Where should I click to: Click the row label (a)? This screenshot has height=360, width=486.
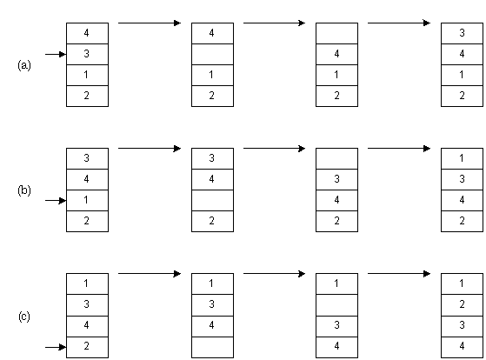pos(24,65)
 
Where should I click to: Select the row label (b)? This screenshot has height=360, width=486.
pos(24,190)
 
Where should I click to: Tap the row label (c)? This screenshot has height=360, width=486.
pos(24,317)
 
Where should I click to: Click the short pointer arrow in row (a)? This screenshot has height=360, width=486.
pos(56,54)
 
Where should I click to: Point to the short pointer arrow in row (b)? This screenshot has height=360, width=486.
pos(56,201)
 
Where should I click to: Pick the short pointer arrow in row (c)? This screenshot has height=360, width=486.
pos(56,347)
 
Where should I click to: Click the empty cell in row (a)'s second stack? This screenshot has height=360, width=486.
pos(212,54)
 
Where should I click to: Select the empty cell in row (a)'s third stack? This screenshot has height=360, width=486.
pos(337,33)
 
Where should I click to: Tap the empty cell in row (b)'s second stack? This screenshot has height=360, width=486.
pos(212,200)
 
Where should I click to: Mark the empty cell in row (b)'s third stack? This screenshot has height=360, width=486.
pos(337,158)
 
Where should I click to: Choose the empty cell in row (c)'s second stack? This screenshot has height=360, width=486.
pos(212,347)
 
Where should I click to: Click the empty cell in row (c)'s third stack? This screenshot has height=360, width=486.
pos(337,305)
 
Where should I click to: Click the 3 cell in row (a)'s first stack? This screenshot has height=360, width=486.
pos(87,54)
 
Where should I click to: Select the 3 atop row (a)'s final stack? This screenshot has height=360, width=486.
pos(462,33)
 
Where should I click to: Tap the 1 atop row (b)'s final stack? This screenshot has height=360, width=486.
pos(462,158)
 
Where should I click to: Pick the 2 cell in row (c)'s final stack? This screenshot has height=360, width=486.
pos(462,305)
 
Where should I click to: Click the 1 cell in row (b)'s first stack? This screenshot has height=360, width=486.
pos(87,200)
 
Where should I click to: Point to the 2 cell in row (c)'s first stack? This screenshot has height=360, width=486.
pos(87,347)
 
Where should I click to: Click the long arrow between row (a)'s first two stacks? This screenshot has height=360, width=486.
pos(150,23)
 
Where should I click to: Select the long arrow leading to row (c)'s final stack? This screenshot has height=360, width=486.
pos(399,274)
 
